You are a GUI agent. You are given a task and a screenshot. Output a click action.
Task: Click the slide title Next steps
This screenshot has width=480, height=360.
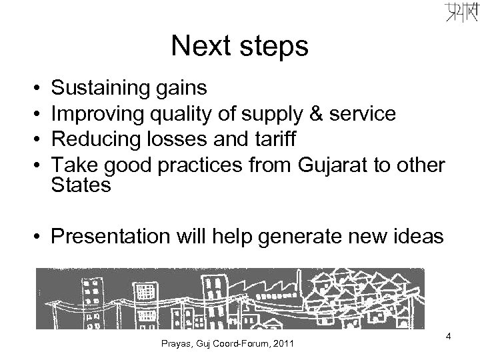click(x=239, y=47)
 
